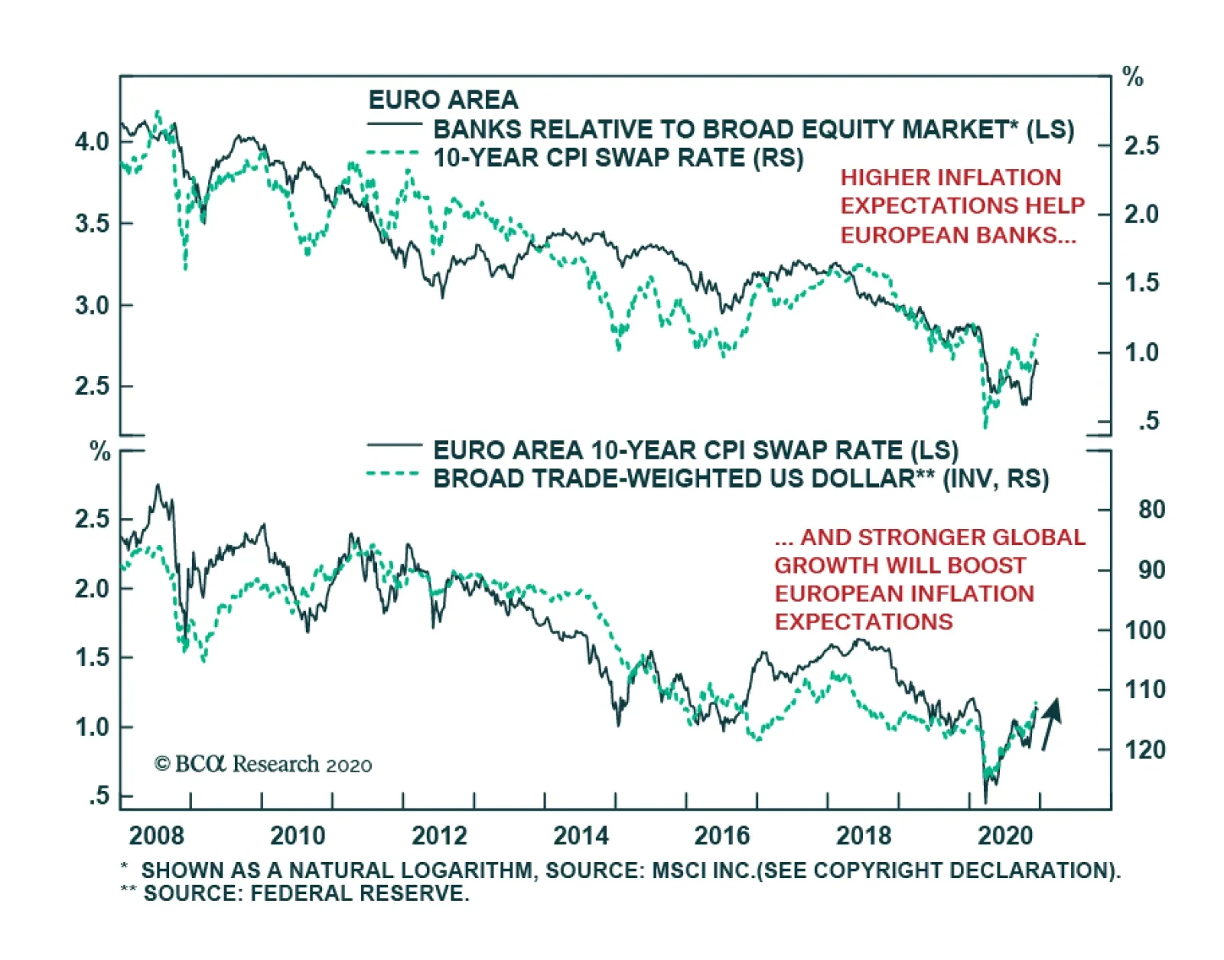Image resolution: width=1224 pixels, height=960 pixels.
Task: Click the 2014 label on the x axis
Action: pyautogui.click(x=581, y=834)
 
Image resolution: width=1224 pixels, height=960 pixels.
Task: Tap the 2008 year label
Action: pyautogui.click(x=156, y=834)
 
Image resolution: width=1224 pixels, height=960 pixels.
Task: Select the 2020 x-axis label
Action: pyautogui.click(x=1005, y=834)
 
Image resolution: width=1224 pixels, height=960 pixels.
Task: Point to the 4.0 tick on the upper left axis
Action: pyautogui.click(x=92, y=142)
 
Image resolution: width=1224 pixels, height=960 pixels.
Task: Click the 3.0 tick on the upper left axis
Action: pyautogui.click(x=92, y=305)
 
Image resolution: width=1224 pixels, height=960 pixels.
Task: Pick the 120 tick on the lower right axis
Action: pyautogui.click(x=1144, y=749)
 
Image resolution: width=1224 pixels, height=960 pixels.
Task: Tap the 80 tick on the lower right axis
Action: pyautogui.click(x=1151, y=509)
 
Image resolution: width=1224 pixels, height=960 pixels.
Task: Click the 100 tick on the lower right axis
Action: pyautogui.click(x=1144, y=630)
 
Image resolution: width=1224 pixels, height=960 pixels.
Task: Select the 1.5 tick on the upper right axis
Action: pyautogui.click(x=1141, y=282)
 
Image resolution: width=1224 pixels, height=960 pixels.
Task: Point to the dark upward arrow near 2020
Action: pyautogui.click(x=1051, y=722)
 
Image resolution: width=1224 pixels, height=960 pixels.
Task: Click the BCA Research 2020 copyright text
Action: pyautogui.click(x=263, y=764)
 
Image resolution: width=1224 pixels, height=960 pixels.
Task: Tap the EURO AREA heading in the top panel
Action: pyautogui.click(x=443, y=100)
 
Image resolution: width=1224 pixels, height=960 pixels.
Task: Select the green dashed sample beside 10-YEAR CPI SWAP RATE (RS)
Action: pyautogui.click(x=393, y=153)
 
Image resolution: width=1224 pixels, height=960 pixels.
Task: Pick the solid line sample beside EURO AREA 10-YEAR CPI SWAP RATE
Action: pyautogui.click(x=394, y=445)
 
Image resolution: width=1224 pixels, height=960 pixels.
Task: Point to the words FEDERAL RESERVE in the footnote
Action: pyautogui.click(x=360, y=893)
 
